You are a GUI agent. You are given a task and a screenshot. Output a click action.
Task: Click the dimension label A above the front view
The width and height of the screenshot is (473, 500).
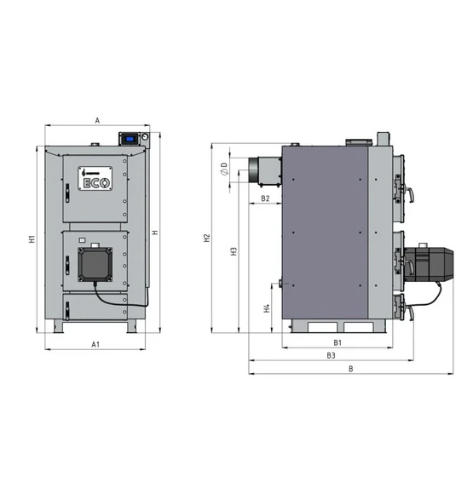click(98, 121)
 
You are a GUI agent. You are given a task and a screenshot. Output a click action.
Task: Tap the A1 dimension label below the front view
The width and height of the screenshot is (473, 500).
click(95, 344)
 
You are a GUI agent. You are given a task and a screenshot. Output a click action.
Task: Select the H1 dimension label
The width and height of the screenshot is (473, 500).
click(32, 239)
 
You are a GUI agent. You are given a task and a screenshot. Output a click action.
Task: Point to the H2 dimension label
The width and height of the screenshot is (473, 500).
click(207, 238)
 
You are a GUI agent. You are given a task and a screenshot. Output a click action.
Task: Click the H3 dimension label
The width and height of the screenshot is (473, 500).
click(234, 251)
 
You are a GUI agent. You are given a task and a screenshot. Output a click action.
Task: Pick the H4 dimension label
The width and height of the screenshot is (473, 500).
click(267, 308)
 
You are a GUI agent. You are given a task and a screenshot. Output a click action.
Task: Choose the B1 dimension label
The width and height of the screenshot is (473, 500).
click(337, 342)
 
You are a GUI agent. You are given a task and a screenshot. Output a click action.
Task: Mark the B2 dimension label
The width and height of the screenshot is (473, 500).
click(265, 198)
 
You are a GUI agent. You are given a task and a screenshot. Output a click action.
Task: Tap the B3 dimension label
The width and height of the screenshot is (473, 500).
click(331, 355)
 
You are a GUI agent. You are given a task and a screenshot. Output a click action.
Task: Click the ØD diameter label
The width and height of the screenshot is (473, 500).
click(224, 169)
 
